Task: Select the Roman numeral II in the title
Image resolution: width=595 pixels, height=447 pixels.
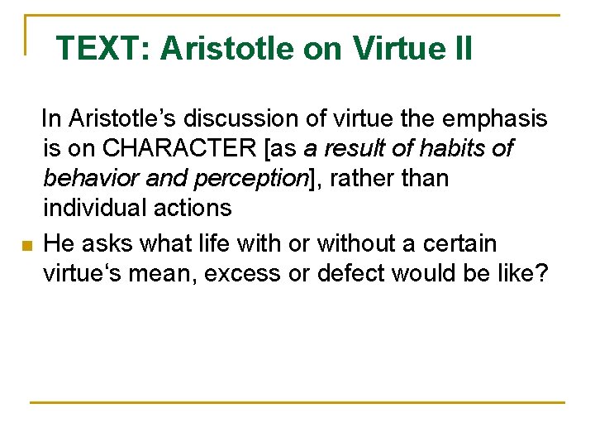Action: [x=461, y=49]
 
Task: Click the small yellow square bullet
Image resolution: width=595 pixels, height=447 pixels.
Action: [x=26, y=247]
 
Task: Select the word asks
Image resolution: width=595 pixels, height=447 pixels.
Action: [x=98, y=244]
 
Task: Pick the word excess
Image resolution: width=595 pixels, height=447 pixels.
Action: [x=248, y=274]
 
